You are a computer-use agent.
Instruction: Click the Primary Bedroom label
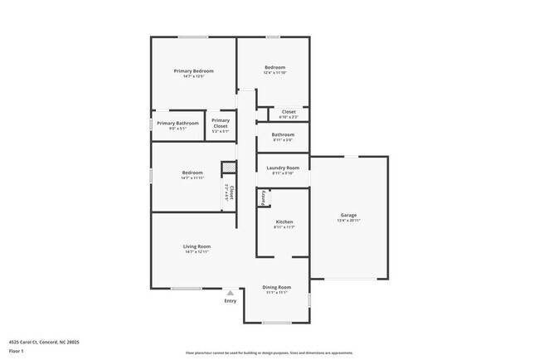194,71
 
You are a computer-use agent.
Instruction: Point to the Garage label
348,215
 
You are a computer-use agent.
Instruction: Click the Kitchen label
284,221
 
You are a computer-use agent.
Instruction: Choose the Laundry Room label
283,168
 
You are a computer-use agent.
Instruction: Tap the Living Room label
197,246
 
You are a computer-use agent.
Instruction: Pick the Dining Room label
277,287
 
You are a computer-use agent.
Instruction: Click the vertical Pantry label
263,197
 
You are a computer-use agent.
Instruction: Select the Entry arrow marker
231,292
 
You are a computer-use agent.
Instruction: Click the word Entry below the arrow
231,300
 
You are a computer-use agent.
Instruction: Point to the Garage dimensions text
348,221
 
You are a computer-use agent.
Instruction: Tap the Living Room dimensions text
197,251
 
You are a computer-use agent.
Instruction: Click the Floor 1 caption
17,351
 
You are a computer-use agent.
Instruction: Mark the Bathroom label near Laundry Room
283,134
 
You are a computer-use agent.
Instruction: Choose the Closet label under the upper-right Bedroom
289,111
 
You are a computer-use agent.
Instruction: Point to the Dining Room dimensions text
277,293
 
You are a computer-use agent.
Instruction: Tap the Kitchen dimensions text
284,227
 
